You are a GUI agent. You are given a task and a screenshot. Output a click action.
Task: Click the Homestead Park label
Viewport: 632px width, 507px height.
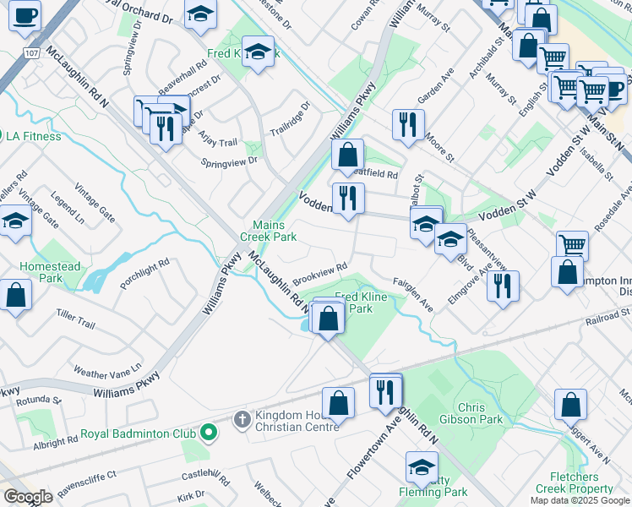51,272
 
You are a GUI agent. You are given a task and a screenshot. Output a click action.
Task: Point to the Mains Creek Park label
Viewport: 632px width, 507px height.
274,231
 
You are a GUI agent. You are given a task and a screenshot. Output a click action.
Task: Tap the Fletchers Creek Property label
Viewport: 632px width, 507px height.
575,482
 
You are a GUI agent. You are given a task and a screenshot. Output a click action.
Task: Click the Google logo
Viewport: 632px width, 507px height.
28,497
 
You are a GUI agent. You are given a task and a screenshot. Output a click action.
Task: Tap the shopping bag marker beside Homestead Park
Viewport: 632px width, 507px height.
15,295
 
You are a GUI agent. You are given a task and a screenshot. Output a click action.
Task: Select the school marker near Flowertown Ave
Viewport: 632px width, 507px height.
422,466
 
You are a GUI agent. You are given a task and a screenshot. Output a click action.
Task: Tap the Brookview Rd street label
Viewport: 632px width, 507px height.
320,273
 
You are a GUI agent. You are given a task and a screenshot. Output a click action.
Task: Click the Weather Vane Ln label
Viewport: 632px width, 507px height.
106,372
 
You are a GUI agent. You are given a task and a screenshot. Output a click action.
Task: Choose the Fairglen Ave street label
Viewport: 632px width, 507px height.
413,296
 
